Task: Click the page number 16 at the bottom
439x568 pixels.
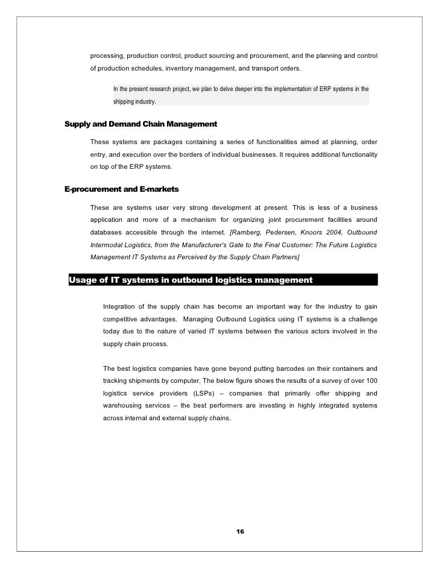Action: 240,531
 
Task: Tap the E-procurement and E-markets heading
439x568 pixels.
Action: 121,189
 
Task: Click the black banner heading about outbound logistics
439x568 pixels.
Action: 191,280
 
